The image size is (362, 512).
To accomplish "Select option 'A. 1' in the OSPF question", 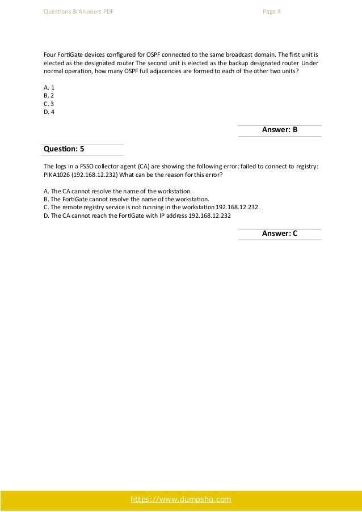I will (48, 87).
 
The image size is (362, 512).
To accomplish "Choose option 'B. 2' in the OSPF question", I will (48, 95).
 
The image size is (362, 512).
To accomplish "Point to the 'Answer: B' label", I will (280, 130).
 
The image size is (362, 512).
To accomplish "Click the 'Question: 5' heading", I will (64, 149).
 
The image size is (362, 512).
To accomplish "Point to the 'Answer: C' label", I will (280, 234).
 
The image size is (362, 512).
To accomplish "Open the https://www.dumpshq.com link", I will (181, 499).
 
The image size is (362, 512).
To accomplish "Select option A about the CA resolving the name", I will (117, 191).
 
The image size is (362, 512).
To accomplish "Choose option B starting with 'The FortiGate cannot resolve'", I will (126, 199).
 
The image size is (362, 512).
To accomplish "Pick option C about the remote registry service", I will (151, 207).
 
